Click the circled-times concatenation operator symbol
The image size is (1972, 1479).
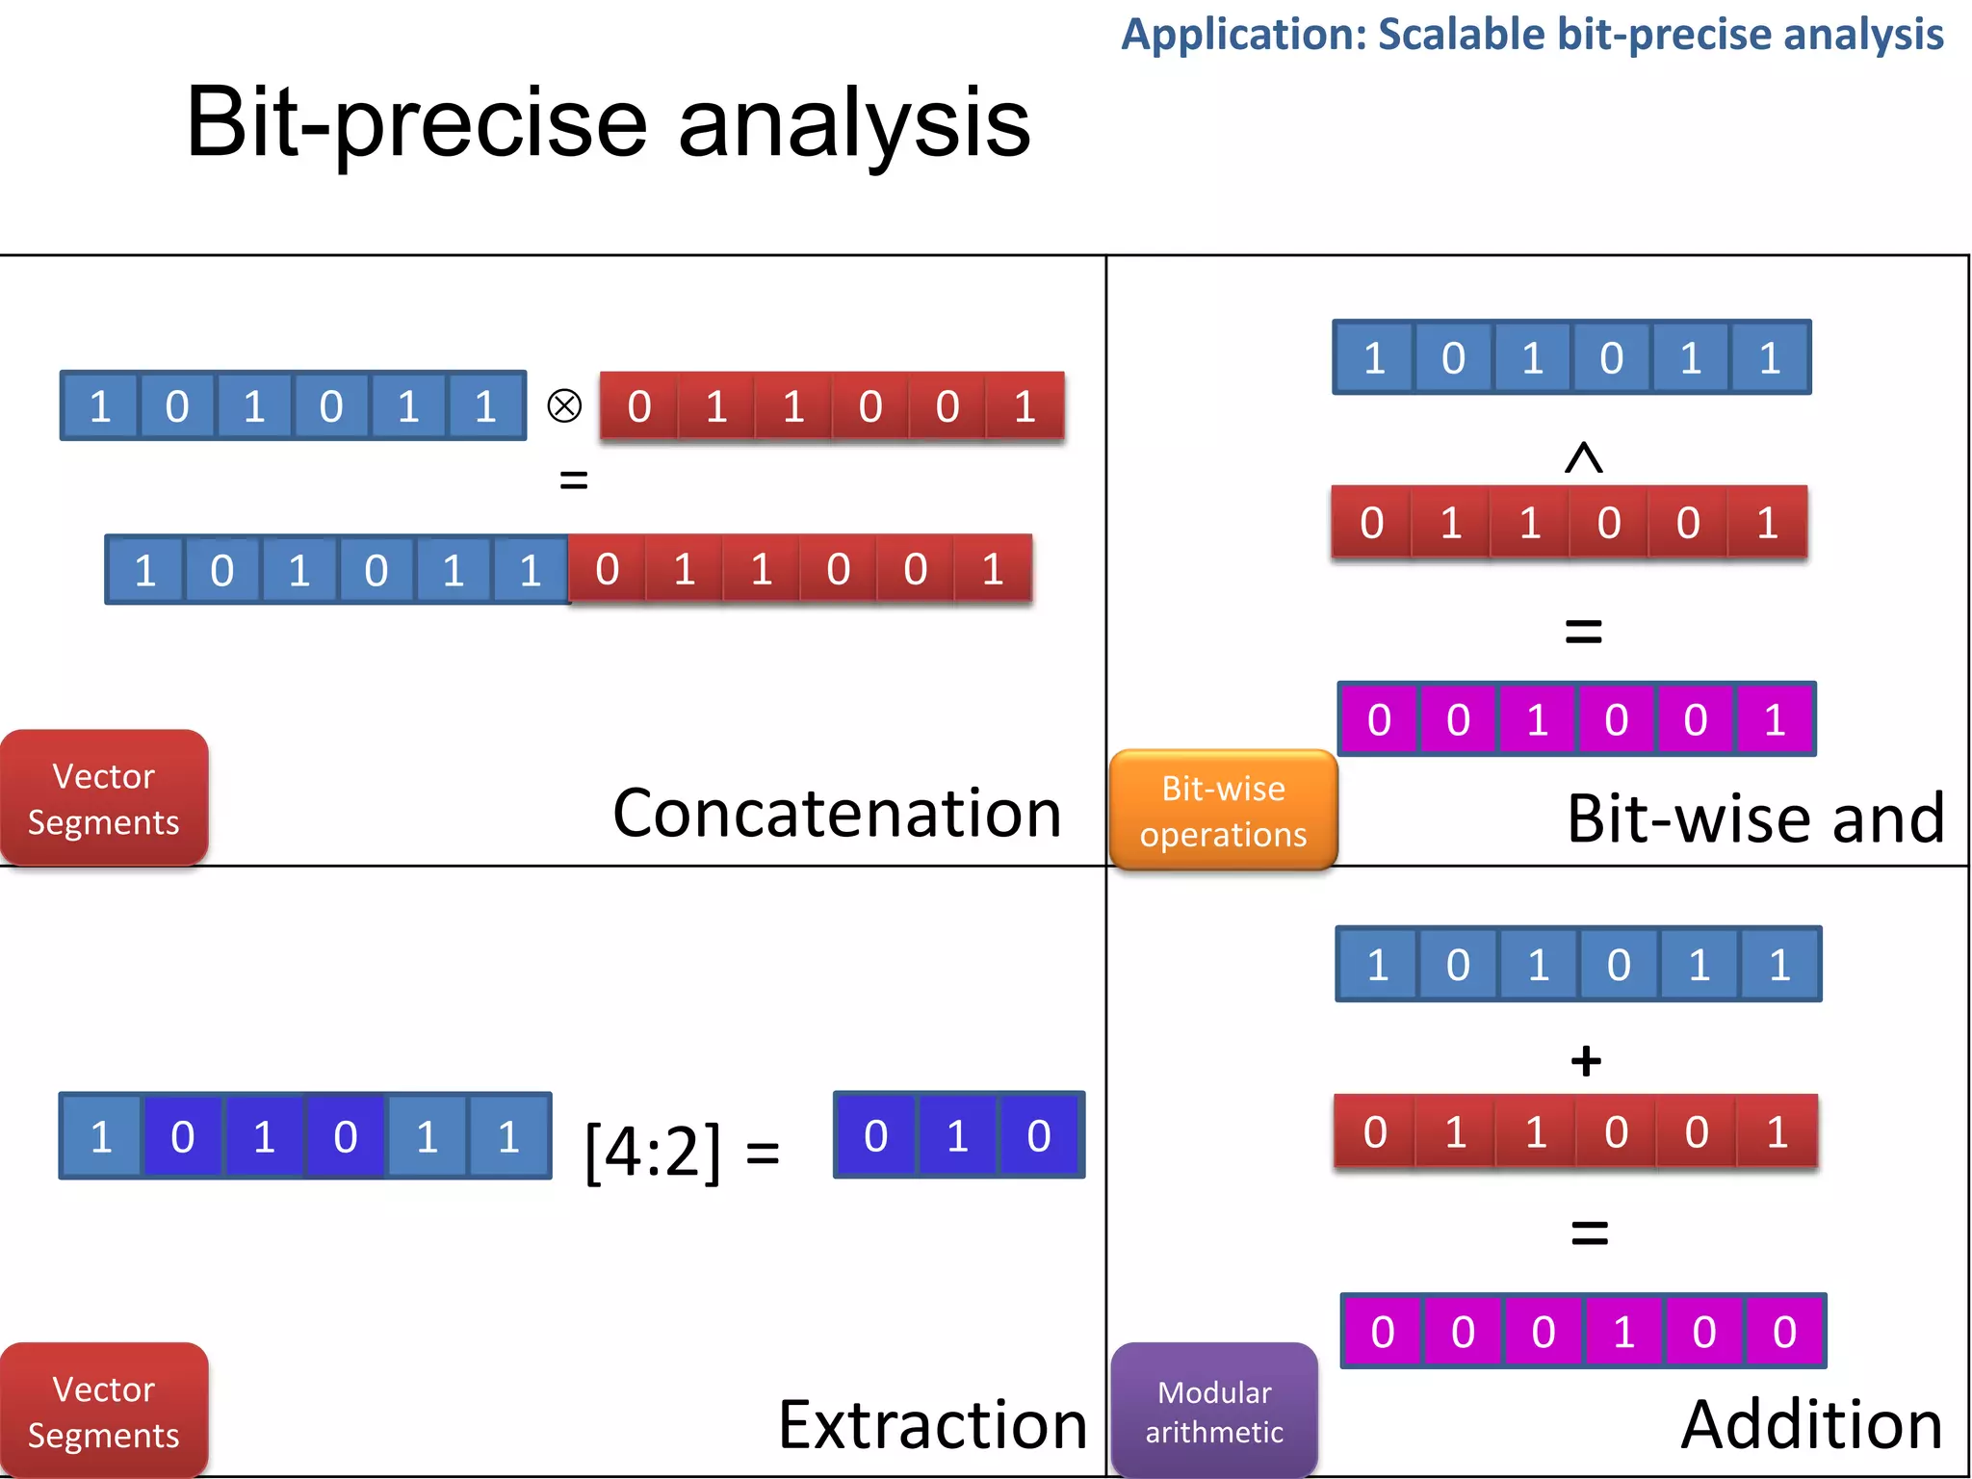tap(564, 405)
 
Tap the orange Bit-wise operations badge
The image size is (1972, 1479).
tap(1223, 810)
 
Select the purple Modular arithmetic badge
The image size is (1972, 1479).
tap(1214, 1411)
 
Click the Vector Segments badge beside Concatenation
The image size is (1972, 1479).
tap(103, 798)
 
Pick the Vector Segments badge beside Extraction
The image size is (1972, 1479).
tap(103, 1411)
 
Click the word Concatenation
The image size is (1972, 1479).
tap(837, 814)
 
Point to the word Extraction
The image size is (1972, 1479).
tap(932, 1424)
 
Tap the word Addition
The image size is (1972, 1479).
tap(1811, 1424)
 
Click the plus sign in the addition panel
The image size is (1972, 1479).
tap(1586, 1061)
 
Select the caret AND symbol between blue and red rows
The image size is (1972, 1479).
tap(1584, 457)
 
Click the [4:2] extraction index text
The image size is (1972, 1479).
tap(653, 1151)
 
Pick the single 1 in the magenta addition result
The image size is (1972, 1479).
tap(1624, 1332)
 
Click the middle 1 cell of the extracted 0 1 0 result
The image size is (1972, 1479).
tap(957, 1136)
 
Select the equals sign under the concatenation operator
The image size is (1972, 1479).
tap(574, 479)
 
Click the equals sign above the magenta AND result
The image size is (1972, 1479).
tap(1584, 632)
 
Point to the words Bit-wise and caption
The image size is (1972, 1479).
tap(1755, 819)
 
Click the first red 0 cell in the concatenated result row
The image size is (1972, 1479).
tap(608, 569)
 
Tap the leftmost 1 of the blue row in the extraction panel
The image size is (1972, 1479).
tap(101, 1136)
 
